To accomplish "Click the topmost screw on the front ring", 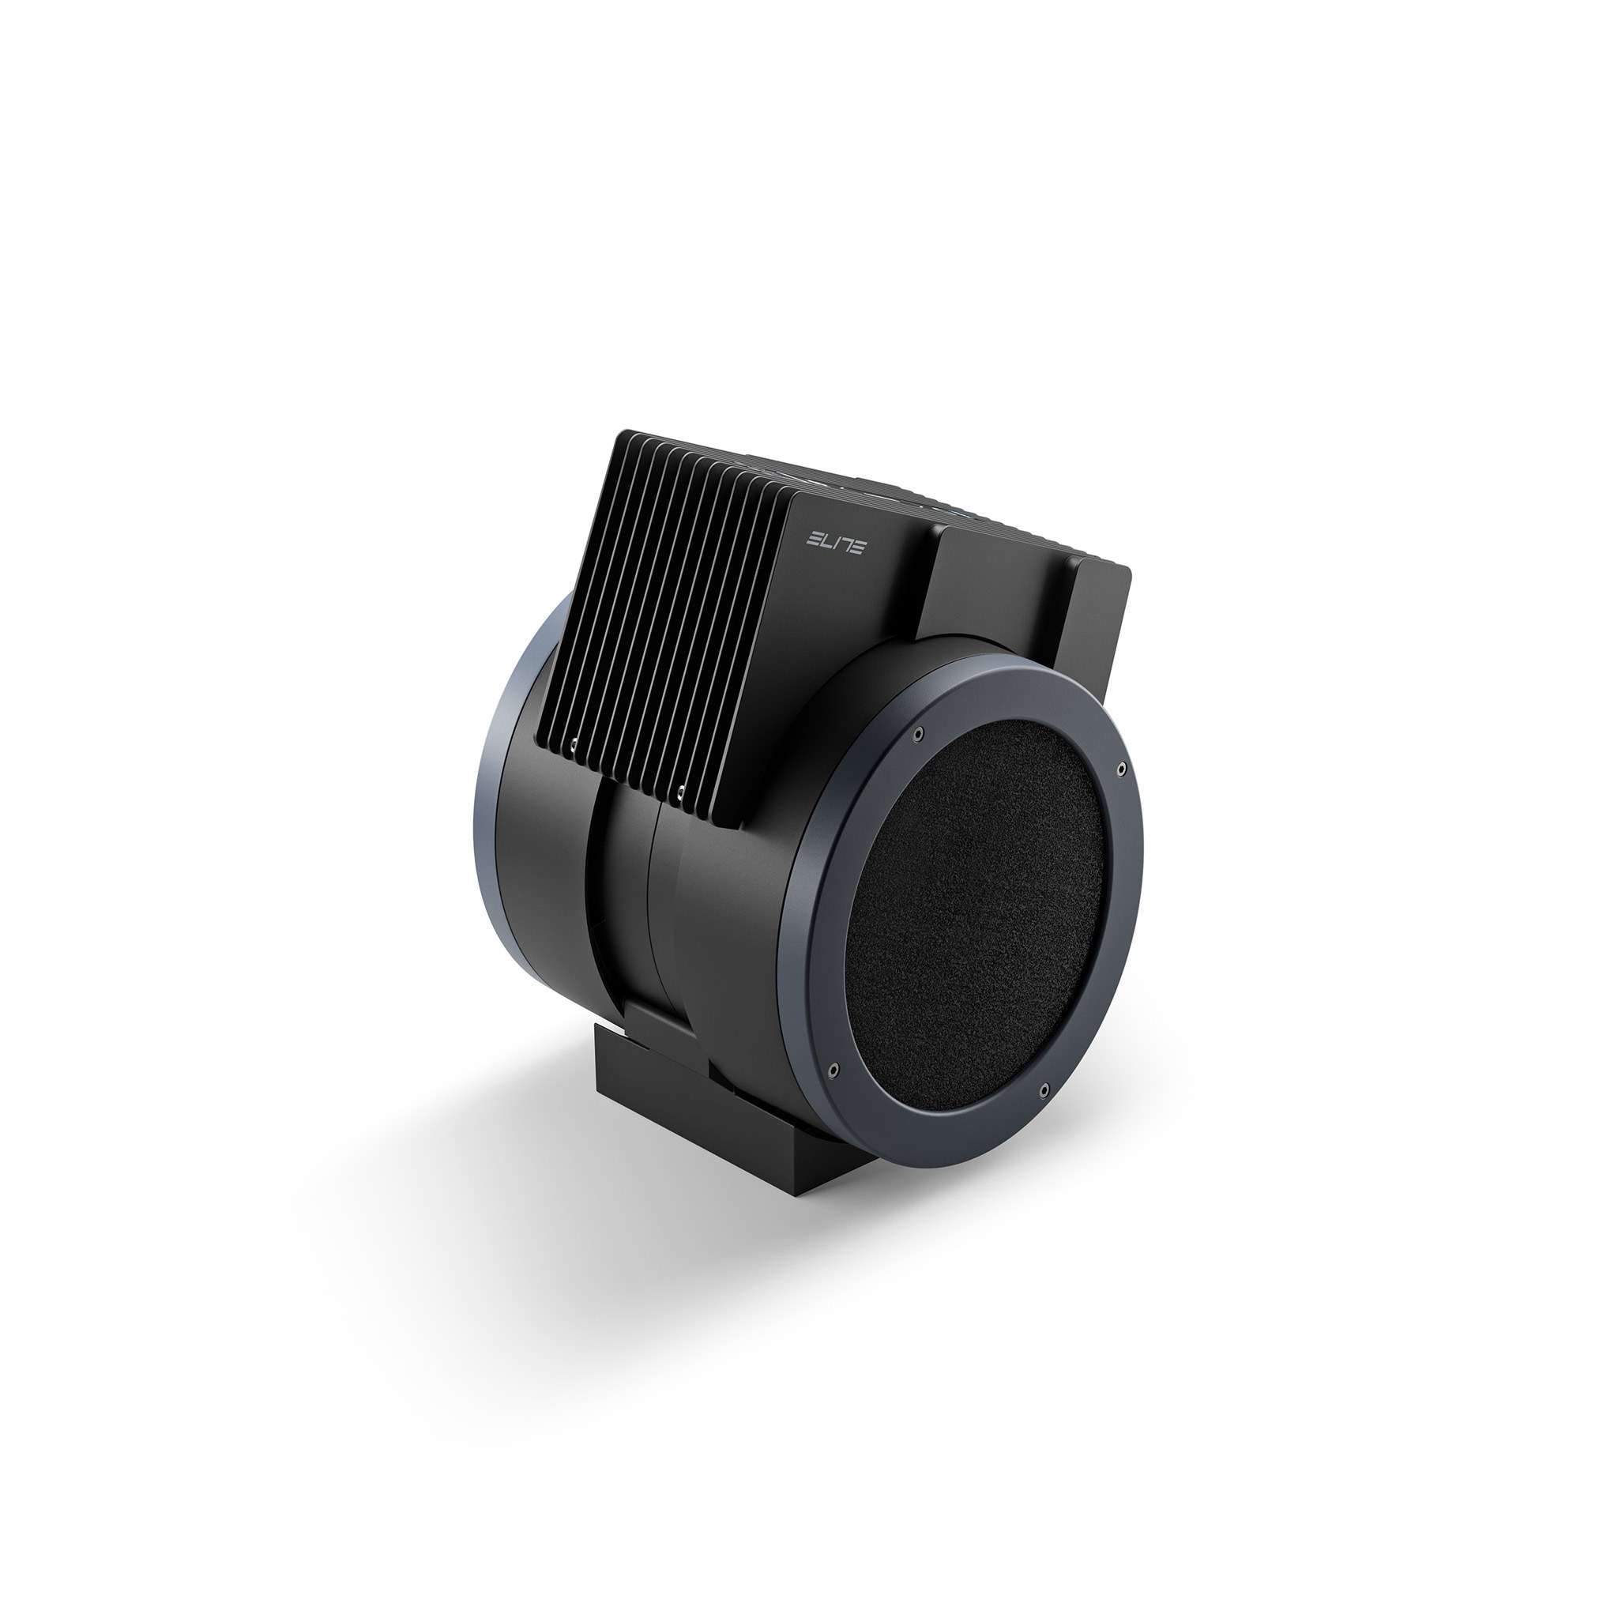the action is [920, 733].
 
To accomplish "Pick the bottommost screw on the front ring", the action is [1044, 1089].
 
